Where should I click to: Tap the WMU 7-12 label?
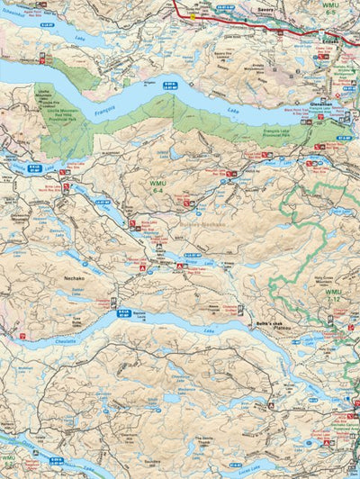335,296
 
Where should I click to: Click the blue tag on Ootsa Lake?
55,459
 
